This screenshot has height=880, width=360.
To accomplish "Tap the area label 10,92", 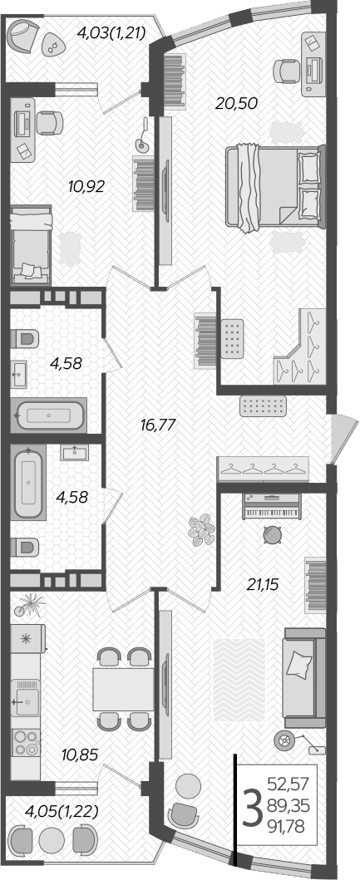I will click(86, 186).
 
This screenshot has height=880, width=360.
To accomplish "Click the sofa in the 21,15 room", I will click(303, 673).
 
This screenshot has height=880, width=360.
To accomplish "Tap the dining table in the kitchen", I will click(123, 688).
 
